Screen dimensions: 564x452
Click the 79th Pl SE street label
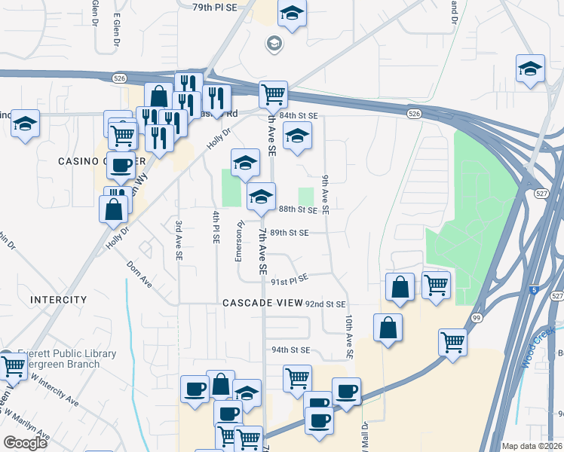(214, 7)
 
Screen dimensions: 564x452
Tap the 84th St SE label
(299, 115)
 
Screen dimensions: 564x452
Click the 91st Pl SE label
(289, 279)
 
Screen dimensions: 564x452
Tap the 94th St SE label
(291, 350)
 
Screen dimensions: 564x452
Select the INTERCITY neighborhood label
(59, 300)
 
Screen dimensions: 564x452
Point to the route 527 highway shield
(555, 194)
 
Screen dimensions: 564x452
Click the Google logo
(25, 443)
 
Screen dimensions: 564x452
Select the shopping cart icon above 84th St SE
(273, 94)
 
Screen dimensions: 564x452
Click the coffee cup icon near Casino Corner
(121, 166)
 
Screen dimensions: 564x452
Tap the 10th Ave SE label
(348, 337)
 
